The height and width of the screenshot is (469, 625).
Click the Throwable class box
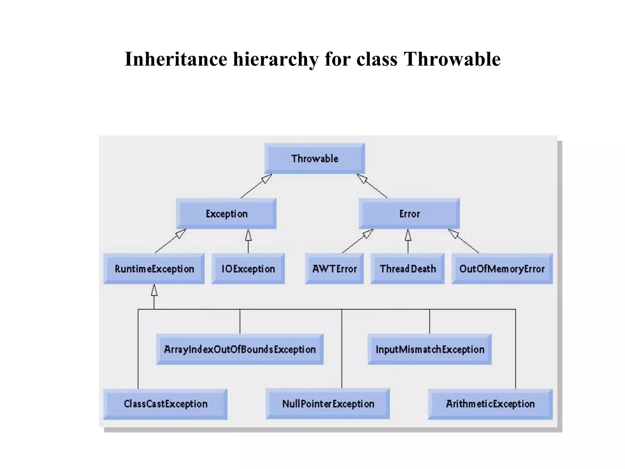(314, 159)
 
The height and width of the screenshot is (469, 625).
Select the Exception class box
(226, 214)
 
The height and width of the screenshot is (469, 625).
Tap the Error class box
(409, 214)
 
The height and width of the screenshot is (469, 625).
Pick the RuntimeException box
(154, 269)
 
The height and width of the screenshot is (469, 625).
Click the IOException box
(248, 269)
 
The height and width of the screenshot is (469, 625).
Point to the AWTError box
(334, 269)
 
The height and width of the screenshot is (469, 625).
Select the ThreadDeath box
(407, 269)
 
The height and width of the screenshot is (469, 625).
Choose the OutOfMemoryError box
(502, 269)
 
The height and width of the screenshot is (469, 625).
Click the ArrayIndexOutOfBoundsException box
(240, 349)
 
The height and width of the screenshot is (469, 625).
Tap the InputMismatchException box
(430, 349)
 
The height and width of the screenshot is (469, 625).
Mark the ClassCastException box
(165, 404)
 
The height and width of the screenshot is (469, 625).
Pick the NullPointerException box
(328, 404)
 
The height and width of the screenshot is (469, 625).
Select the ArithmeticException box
(490, 404)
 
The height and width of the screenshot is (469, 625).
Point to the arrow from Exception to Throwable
(256, 186)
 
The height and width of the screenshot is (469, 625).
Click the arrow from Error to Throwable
(372, 186)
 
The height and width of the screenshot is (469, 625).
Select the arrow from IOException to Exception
(248, 241)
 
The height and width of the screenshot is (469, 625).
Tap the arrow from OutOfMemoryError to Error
(464, 241)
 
